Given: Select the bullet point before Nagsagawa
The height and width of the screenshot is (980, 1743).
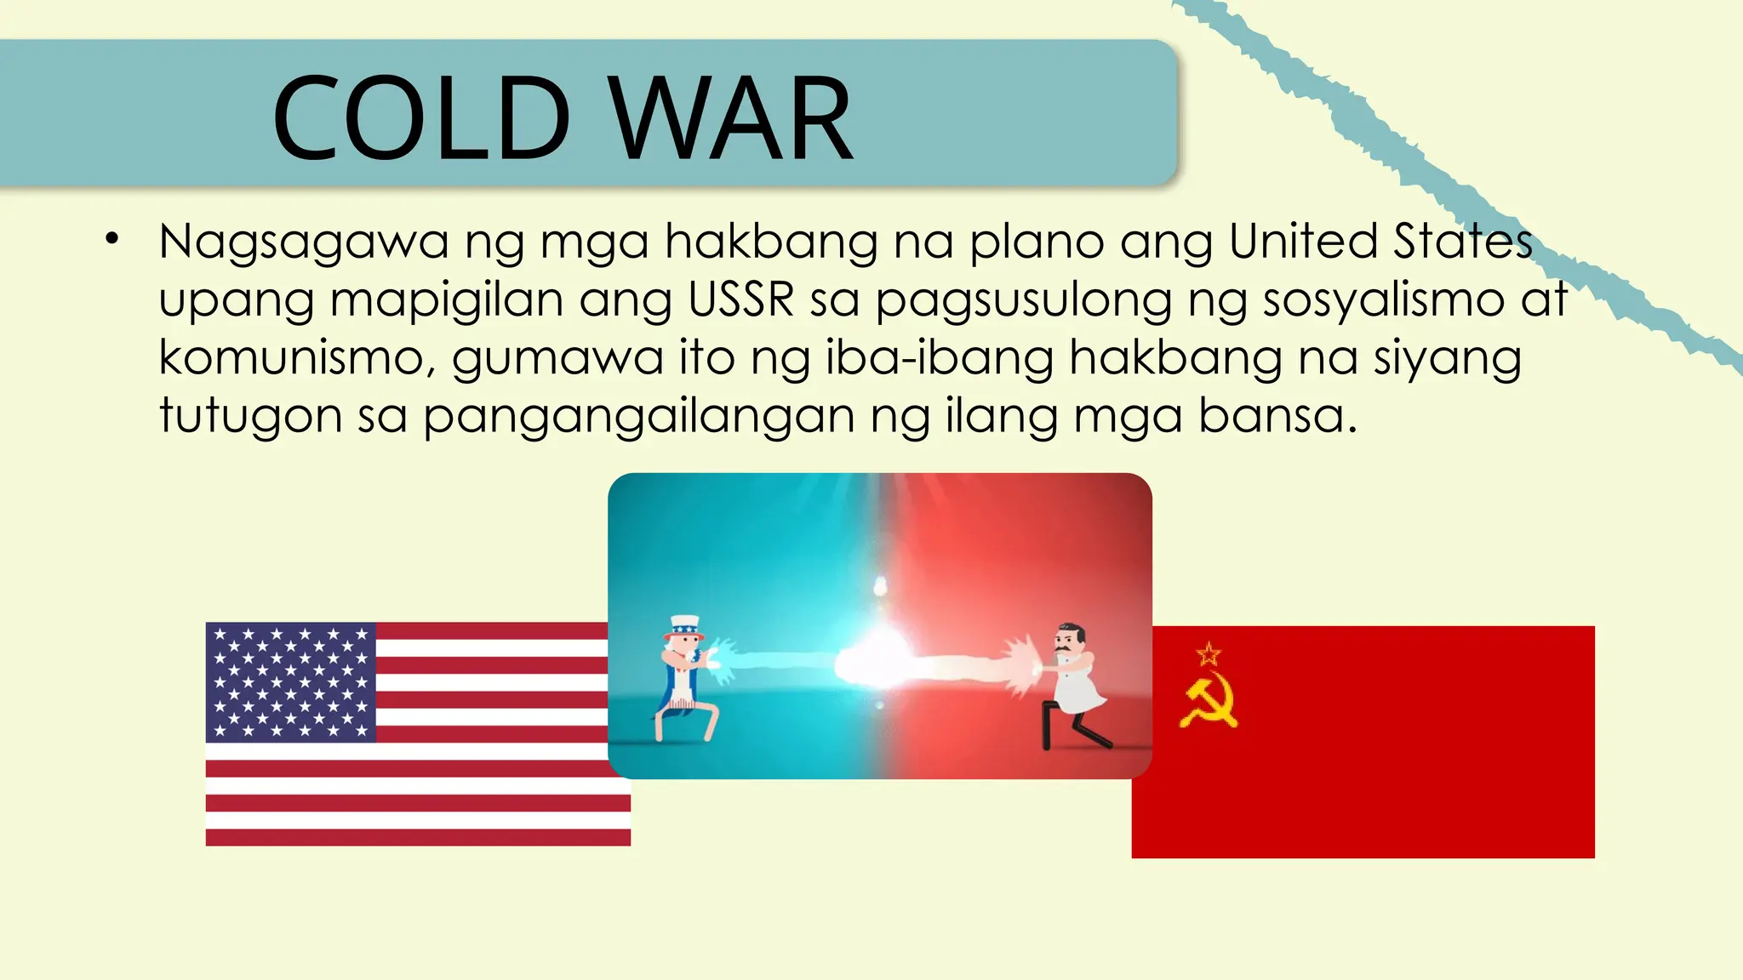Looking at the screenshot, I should [x=112, y=239].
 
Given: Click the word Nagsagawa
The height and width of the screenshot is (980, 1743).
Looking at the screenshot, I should [x=303, y=242].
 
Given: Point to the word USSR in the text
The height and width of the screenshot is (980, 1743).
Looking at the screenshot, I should [x=740, y=299].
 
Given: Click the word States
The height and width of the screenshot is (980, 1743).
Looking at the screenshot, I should [x=1463, y=242].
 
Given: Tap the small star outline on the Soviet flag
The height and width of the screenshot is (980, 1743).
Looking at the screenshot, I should [x=1209, y=654].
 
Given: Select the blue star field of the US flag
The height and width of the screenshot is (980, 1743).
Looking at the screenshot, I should [x=291, y=682].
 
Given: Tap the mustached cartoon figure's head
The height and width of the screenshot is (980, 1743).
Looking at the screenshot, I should [x=1069, y=640].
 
